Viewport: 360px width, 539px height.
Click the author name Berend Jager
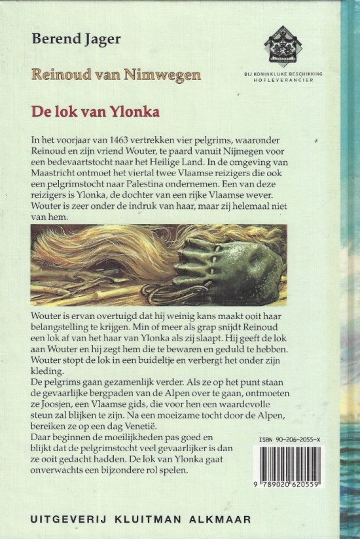tap(76, 39)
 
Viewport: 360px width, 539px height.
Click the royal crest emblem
tap(283, 45)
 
